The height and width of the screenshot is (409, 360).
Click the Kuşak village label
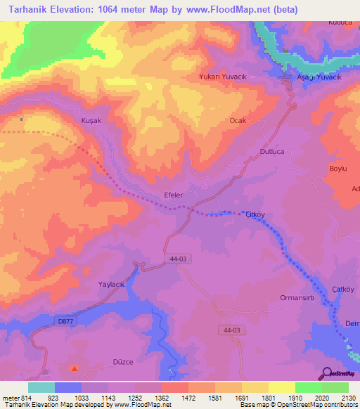pos(92,121)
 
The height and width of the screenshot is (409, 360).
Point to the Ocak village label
pos(238,121)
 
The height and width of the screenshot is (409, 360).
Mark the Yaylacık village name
pos(110,284)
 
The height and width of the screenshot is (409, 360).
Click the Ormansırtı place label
pos(300,295)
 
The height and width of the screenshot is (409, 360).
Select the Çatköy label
pos(342,290)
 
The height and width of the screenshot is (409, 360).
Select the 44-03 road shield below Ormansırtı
pos(231,330)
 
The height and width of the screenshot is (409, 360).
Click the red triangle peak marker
pos(75,367)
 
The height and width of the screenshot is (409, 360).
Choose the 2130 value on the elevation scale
pos(349,398)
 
